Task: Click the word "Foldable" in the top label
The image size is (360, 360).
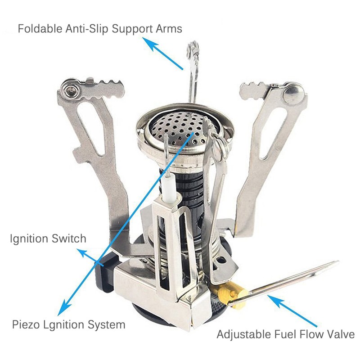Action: point(40,29)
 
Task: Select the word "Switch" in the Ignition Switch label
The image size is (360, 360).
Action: point(69,238)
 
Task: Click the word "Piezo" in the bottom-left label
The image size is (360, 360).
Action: point(26,325)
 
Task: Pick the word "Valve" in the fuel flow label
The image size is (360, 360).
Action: point(342,334)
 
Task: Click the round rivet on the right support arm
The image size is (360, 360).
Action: point(294,94)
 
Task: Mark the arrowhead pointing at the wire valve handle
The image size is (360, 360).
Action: point(274,300)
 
